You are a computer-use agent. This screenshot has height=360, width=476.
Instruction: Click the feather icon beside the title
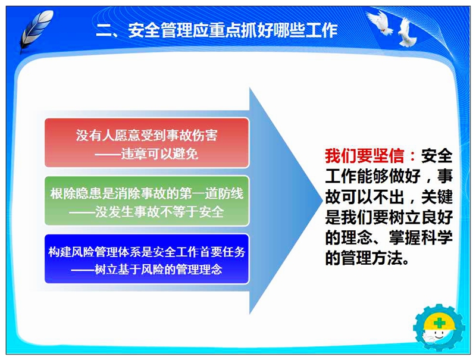coord(36,30)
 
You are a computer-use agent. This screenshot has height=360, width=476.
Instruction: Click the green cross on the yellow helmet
coord(440,323)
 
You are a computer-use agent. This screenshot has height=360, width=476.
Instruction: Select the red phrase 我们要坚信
coord(364,156)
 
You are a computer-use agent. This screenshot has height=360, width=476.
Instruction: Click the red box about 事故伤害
coord(147,143)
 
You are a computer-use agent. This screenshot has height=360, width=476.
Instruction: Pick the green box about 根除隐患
coord(147,201)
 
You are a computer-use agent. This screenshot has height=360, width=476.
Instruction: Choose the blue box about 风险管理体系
coord(147,259)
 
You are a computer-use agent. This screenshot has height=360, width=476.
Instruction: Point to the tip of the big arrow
coord(322,201)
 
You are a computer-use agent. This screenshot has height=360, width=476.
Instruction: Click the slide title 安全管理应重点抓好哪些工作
coord(233,30)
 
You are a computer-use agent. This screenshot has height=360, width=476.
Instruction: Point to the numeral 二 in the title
coord(104,30)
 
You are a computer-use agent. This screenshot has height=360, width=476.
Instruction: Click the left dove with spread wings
coord(380,22)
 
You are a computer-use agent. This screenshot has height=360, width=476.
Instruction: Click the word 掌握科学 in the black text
coord(421,237)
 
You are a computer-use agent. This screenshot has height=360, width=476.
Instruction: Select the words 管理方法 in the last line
coord(372,258)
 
